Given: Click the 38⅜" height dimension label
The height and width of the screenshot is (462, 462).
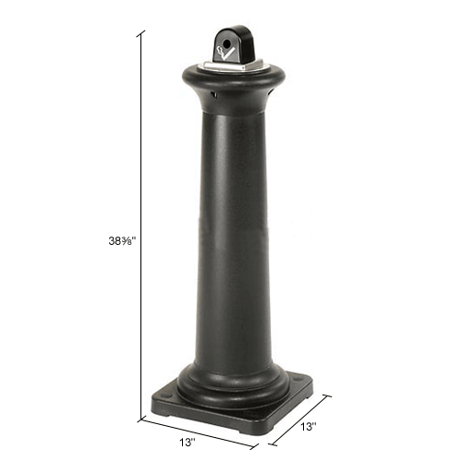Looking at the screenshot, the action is click(x=122, y=241).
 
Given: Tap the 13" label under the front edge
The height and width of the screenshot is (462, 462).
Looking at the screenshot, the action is click(x=188, y=443).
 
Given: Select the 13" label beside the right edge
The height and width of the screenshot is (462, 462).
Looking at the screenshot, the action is click(x=309, y=427).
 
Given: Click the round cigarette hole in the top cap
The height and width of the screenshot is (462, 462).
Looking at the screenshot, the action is click(x=226, y=45).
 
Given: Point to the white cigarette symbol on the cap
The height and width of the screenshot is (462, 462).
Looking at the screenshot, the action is click(x=225, y=54).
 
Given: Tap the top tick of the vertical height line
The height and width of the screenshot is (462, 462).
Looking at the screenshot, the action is click(x=140, y=33).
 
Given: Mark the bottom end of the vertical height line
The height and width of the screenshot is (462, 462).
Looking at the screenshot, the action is click(x=141, y=419).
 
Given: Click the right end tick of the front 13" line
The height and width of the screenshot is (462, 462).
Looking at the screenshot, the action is click(x=254, y=446).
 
